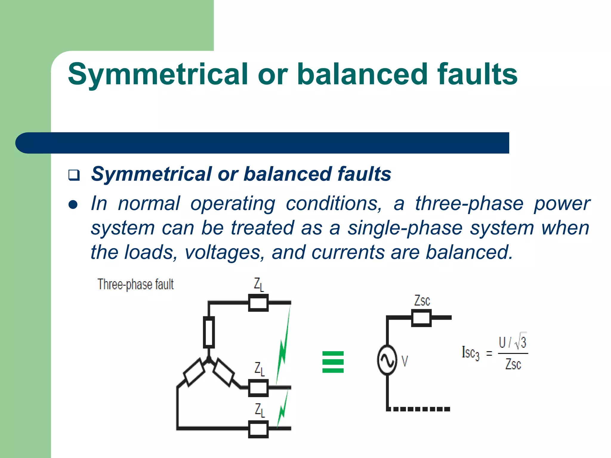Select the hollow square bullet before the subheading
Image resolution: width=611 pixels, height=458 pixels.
click(74, 175)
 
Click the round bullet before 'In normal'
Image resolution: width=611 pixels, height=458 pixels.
click(73, 205)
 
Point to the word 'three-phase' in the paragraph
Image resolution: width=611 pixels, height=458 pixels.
click(469, 204)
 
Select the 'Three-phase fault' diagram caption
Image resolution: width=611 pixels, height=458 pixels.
click(135, 284)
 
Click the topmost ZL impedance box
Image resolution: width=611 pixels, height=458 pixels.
click(258, 303)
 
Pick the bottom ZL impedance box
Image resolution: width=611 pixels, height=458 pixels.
click(258, 429)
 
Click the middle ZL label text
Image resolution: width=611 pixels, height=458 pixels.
click(259, 369)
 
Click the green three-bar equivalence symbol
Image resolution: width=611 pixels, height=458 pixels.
click(333, 362)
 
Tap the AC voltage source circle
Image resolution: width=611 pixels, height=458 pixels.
click(387, 360)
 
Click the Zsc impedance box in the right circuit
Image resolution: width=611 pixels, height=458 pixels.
click(421, 318)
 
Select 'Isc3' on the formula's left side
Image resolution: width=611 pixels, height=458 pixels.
click(470, 353)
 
